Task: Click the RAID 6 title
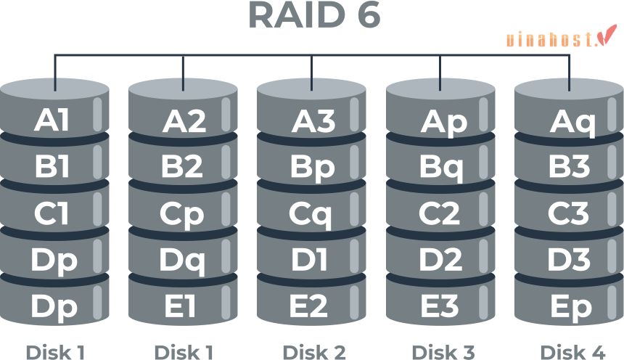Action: tap(313, 16)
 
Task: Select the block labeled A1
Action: tap(54, 120)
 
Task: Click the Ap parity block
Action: tap(440, 120)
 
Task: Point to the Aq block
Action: tap(569, 120)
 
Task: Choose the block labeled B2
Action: tap(183, 167)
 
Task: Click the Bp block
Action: tap(312, 167)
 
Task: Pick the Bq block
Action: tap(440, 167)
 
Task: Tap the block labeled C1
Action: tap(54, 213)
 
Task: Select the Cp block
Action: tap(183, 213)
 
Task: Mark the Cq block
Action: tap(312, 213)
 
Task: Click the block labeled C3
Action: tap(569, 213)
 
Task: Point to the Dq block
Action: tap(183, 260)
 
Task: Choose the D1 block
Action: tap(312, 260)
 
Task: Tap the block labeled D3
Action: tap(569, 260)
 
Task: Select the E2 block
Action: tap(312, 306)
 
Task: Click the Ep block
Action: tap(569, 306)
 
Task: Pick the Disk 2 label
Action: tap(313, 352)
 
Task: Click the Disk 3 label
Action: tap(442, 352)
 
